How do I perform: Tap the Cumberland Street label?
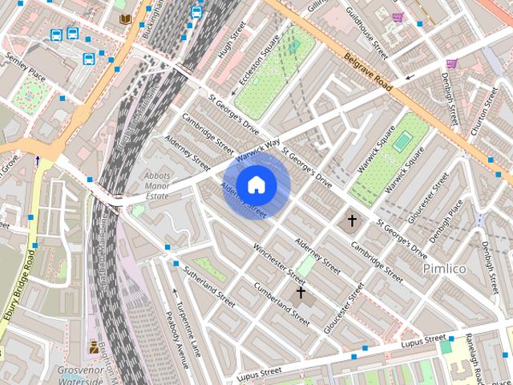[281, 302]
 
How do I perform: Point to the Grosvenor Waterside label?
[80, 375]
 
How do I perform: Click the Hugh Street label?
[232, 43]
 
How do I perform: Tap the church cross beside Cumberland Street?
[301, 293]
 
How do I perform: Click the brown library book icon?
[125, 18]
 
